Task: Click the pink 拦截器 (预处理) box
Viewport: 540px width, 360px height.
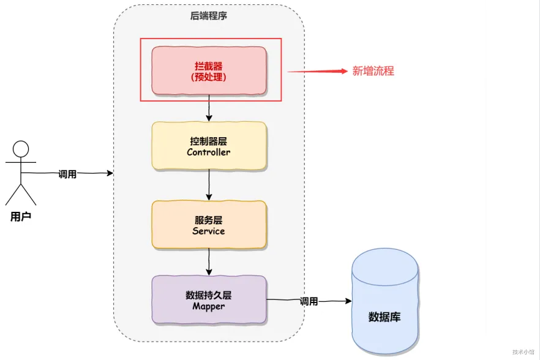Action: pos(209,70)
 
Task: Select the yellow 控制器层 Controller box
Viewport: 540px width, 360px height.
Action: pos(209,146)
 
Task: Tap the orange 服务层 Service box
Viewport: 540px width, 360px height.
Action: pos(209,225)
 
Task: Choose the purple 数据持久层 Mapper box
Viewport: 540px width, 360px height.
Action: pos(209,299)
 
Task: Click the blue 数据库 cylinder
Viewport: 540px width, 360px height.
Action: pos(384,303)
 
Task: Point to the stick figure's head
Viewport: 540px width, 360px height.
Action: pos(21,149)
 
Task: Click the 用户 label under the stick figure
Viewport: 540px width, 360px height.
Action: pos(21,216)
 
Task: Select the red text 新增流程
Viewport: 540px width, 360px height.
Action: pos(373,71)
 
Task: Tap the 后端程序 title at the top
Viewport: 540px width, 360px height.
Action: pos(209,16)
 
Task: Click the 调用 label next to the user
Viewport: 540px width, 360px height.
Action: pos(67,174)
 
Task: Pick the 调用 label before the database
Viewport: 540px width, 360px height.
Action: pos(309,301)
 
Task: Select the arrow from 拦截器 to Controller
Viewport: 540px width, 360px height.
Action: pos(209,108)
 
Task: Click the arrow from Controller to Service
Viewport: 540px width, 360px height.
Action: pos(209,185)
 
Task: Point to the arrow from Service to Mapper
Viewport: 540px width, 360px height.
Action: pos(209,262)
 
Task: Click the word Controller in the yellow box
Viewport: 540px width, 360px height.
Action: pos(209,152)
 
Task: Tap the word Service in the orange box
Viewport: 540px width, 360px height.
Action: pos(209,231)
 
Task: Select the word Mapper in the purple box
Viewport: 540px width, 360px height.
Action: pos(209,306)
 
